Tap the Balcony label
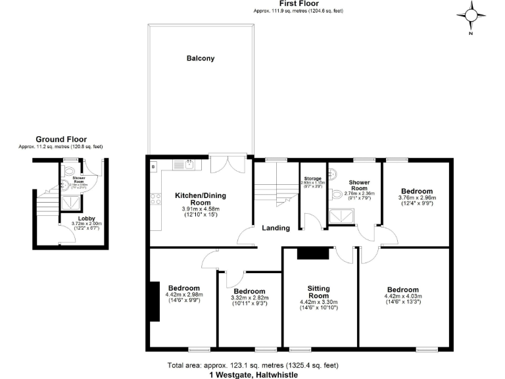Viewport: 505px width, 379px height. click(x=200, y=59)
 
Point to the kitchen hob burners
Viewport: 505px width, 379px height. click(x=156, y=198)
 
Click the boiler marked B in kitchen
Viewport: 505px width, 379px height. click(x=153, y=167)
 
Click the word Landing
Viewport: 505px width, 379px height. click(x=276, y=228)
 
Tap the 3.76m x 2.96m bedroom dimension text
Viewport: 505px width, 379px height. click(x=417, y=197)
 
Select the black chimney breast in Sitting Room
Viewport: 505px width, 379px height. click(x=308, y=254)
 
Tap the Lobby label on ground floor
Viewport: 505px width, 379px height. click(x=87, y=218)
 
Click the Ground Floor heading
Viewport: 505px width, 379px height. click(x=61, y=139)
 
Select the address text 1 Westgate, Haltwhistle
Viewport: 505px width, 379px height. click(x=253, y=374)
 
